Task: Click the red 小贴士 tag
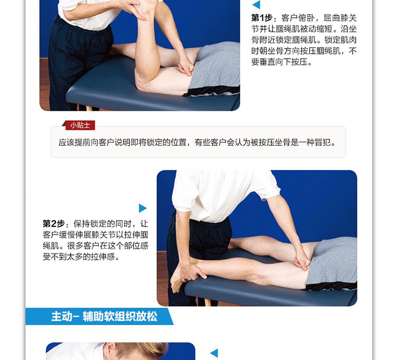pyautogui.click(x=80, y=125)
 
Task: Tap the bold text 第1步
pyautogui.click(x=262, y=17)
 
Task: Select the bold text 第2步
pyautogui.click(x=53, y=223)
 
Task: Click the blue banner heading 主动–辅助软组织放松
pyautogui.click(x=104, y=316)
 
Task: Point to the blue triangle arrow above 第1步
pyautogui.click(x=257, y=5)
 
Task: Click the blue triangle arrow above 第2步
pyautogui.click(x=143, y=208)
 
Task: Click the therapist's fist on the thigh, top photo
pyautogui.click(x=186, y=67)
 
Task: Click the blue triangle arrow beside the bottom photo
pyautogui.click(x=214, y=353)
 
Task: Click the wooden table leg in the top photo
pyautogui.click(x=89, y=108)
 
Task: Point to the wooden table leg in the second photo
pyautogui.click(x=207, y=302)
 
